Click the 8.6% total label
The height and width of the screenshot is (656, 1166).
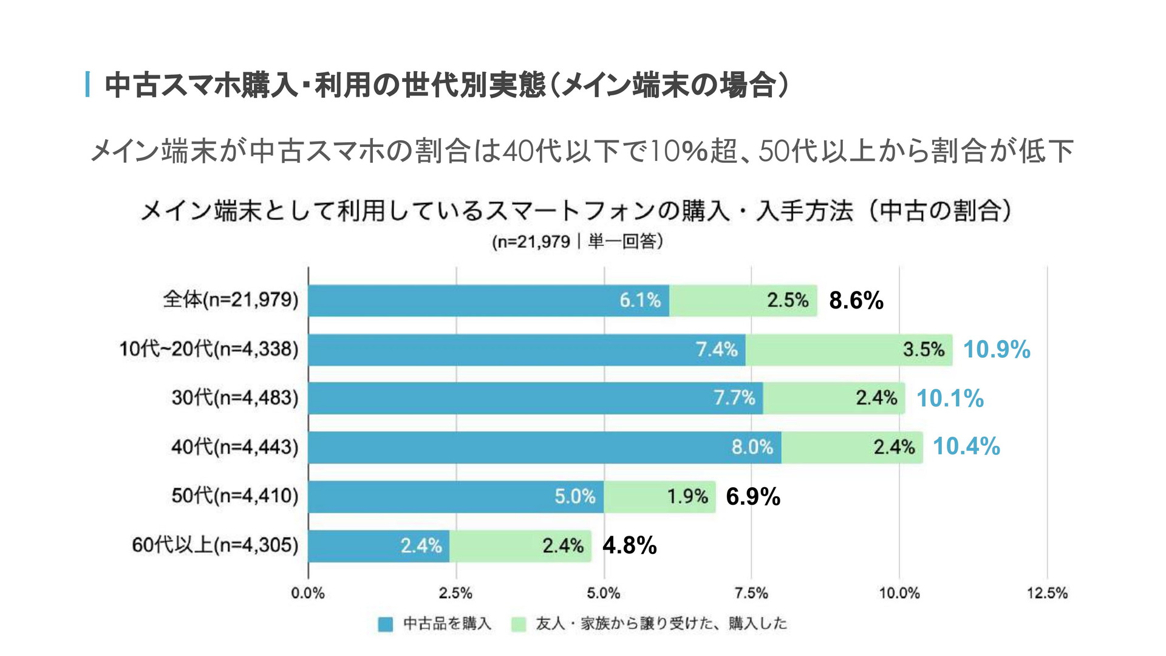(x=856, y=301)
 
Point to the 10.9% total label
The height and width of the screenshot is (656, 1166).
(x=997, y=350)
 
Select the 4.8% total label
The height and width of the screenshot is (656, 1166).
(x=629, y=545)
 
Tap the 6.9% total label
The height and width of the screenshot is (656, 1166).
(x=753, y=497)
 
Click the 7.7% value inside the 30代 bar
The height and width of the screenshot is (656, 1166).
(x=734, y=398)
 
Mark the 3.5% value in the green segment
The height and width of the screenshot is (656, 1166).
(x=923, y=350)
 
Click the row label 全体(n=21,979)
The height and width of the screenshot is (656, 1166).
(x=231, y=300)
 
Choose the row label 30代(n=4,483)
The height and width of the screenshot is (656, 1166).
(x=235, y=398)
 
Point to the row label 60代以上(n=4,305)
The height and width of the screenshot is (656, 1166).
(x=215, y=545)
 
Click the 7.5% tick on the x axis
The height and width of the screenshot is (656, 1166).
(x=751, y=593)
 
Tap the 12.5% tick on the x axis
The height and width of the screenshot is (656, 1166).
(x=1047, y=593)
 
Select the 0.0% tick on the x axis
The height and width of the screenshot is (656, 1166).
(x=308, y=593)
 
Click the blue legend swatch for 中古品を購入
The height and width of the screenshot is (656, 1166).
(x=385, y=624)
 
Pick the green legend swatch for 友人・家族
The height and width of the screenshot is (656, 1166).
(x=518, y=624)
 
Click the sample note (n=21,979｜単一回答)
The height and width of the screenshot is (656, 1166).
(x=577, y=242)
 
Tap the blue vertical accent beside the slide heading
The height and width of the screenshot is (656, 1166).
(x=89, y=84)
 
